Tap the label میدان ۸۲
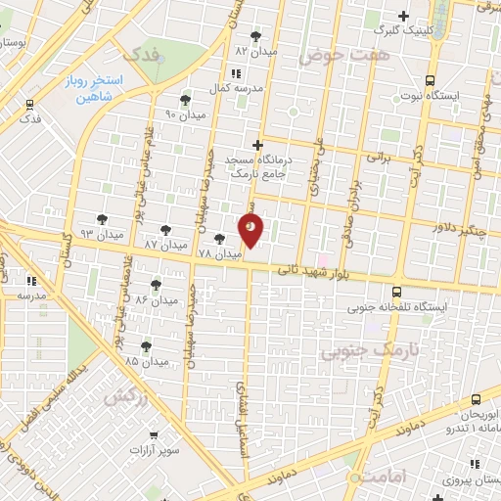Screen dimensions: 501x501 [x=256, y=50]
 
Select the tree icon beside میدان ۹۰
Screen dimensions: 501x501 [x=185, y=100]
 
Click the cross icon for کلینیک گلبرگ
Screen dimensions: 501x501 [x=403, y=17]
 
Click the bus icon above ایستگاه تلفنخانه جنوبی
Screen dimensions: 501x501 [x=395, y=292]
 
